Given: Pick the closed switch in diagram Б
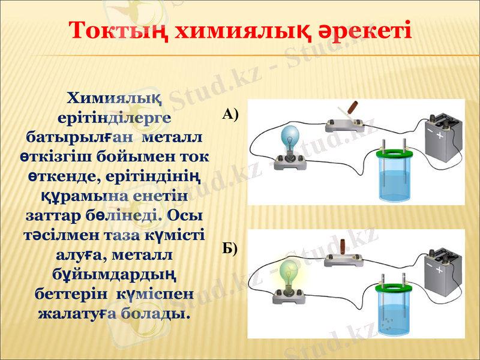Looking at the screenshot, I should [344, 256].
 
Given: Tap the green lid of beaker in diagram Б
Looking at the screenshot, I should [392, 287].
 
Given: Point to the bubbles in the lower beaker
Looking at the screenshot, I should [389, 325].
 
